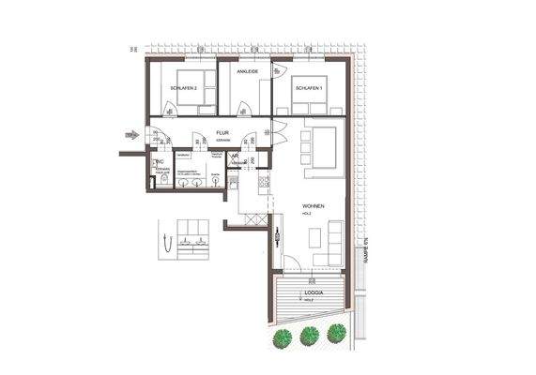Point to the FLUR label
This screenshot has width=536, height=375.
[222, 133]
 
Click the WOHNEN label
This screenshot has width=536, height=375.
[314, 207]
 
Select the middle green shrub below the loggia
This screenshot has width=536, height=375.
[309, 334]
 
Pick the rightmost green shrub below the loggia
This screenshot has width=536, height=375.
[336, 331]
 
